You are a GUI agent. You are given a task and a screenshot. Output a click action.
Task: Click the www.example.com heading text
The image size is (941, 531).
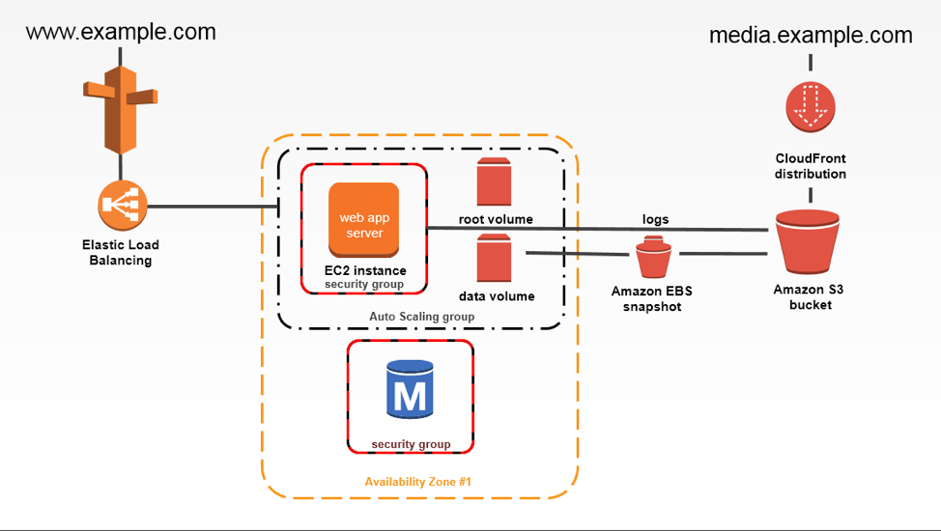121,32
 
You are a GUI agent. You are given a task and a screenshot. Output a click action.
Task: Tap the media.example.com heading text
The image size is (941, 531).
811,36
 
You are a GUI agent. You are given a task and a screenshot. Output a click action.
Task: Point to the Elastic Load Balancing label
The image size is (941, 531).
121,253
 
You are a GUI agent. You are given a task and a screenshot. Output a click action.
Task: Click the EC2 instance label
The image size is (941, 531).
365,269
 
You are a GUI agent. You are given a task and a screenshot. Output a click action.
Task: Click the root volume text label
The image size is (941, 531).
496,219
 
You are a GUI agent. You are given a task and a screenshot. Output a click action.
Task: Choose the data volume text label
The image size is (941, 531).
497,296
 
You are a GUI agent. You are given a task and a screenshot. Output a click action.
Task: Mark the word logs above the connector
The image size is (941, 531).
656,219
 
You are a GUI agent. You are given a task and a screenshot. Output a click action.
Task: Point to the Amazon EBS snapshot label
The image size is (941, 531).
653,298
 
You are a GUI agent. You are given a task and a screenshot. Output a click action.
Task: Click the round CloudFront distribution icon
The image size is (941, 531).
810,106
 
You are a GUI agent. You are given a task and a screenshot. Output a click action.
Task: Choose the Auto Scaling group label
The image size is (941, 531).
422,317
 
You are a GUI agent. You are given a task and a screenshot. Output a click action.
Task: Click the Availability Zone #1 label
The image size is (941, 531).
417,481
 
